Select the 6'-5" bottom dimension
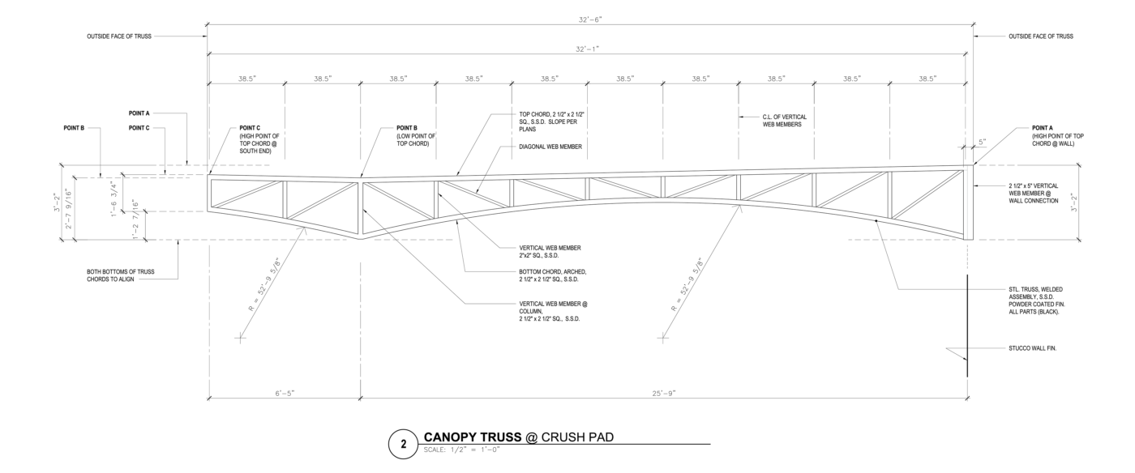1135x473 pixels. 285,393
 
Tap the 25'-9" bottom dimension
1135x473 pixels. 663,393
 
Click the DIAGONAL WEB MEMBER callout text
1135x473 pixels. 550,147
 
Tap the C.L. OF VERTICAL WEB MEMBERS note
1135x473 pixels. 784,121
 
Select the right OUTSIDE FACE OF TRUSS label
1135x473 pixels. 1039,36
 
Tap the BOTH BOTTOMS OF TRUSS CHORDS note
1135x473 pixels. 121,275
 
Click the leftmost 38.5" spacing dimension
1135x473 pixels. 246,79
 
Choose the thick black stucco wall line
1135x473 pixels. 966,325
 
